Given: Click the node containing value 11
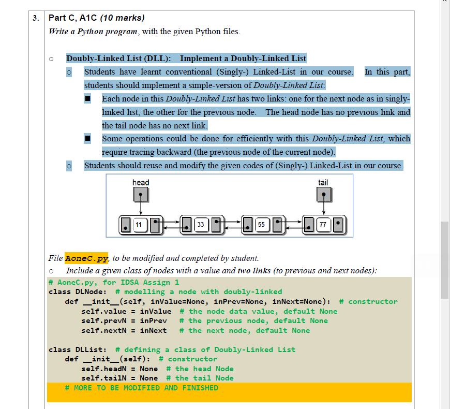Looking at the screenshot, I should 139,225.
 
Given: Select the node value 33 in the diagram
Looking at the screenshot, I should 200,225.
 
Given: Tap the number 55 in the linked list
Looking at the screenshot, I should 261,225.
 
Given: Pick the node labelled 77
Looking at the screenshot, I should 323,225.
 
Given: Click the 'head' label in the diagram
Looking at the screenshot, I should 141,182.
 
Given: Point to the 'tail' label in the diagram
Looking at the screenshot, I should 323,182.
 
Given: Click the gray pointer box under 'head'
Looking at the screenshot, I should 141,195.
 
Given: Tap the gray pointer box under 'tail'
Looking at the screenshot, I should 323,195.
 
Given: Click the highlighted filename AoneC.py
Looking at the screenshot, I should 86,258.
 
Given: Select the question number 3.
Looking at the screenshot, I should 36,18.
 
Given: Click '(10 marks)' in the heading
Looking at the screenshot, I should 122,18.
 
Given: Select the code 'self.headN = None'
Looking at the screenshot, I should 119,369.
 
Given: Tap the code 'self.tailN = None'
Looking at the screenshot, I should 119,378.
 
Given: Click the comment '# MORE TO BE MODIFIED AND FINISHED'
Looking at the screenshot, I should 142,388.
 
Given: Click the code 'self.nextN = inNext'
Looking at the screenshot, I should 124,330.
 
